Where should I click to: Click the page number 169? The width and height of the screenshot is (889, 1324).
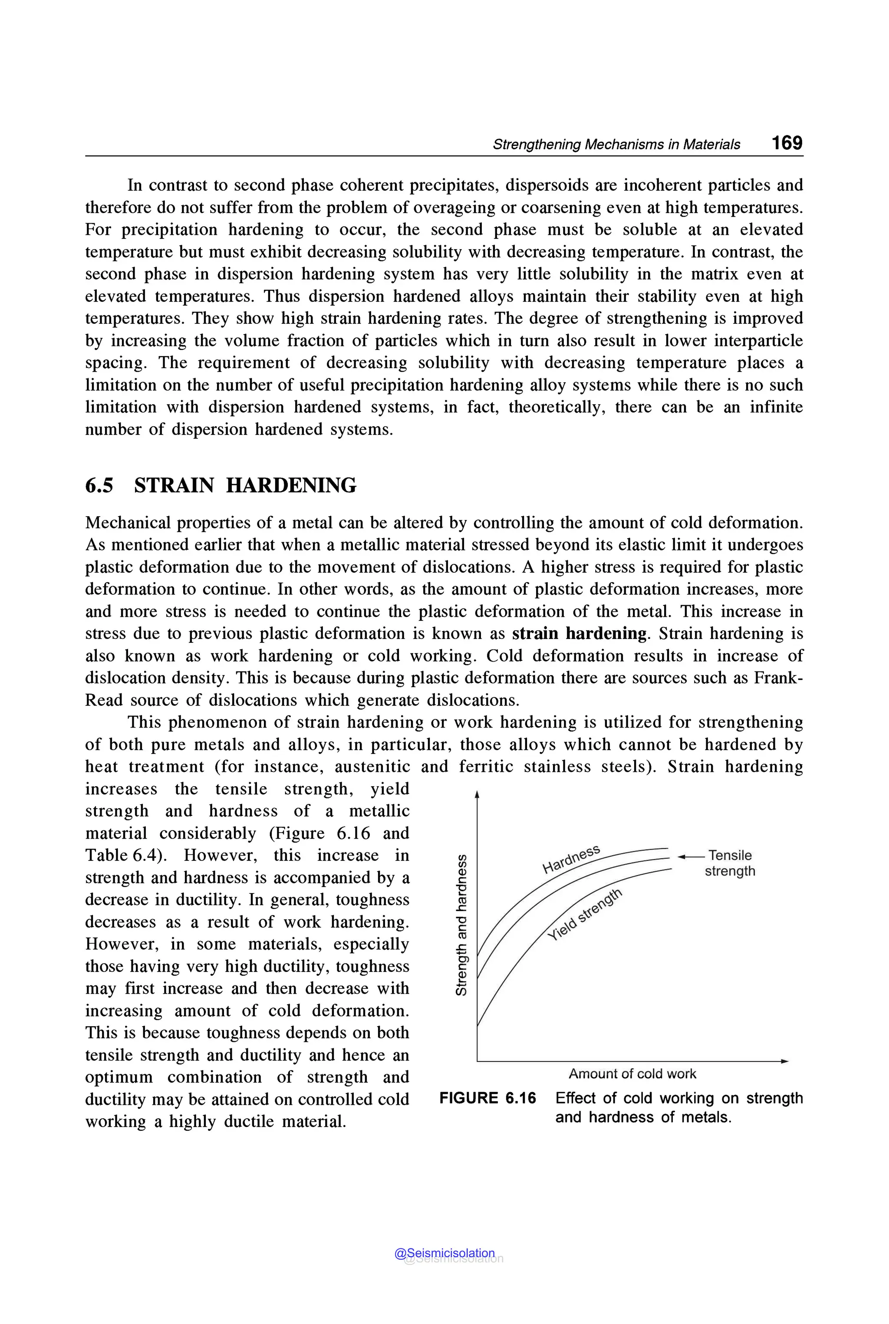[x=787, y=142]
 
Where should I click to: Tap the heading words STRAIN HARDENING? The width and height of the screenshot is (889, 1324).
[x=245, y=485]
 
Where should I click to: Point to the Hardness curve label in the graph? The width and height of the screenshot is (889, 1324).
[x=570, y=859]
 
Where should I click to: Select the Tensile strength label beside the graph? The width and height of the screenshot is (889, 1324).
[x=730, y=863]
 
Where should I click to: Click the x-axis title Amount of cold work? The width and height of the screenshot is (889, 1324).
[x=632, y=1074]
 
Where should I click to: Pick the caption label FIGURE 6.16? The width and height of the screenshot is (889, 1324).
[x=487, y=1098]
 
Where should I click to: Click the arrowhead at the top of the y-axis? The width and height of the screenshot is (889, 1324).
[x=477, y=794]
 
